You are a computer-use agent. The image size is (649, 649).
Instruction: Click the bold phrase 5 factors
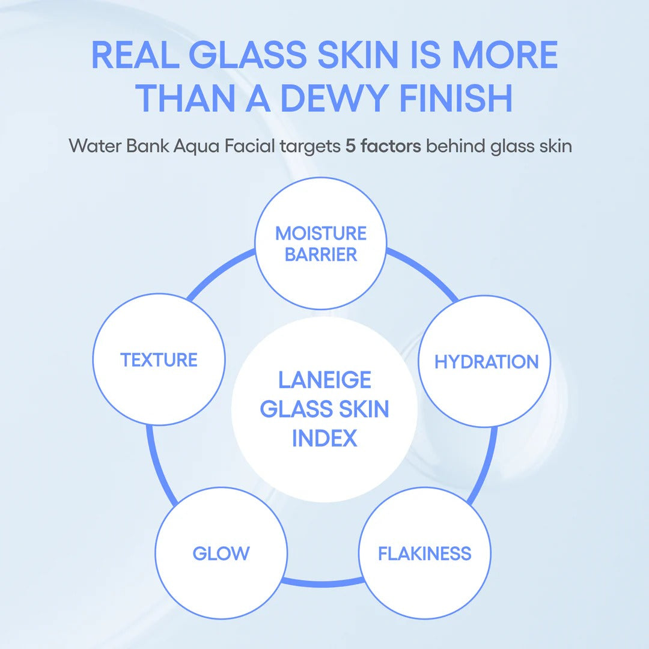coord(383,146)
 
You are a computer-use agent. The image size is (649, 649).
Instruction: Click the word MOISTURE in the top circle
coord(321,233)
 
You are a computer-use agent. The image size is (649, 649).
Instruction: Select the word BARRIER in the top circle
coord(321,254)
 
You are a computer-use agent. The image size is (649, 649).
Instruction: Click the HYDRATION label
coord(486,362)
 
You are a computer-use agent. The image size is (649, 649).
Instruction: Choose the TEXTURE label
coord(159,360)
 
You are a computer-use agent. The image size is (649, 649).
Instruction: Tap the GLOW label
coord(221,553)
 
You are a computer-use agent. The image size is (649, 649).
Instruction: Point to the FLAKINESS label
coord(424,553)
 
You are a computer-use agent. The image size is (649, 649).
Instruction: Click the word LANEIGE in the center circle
coord(324,380)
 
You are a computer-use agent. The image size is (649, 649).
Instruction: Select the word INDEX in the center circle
coord(324,438)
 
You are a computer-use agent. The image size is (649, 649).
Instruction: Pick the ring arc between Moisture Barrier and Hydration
coord(424,270)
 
